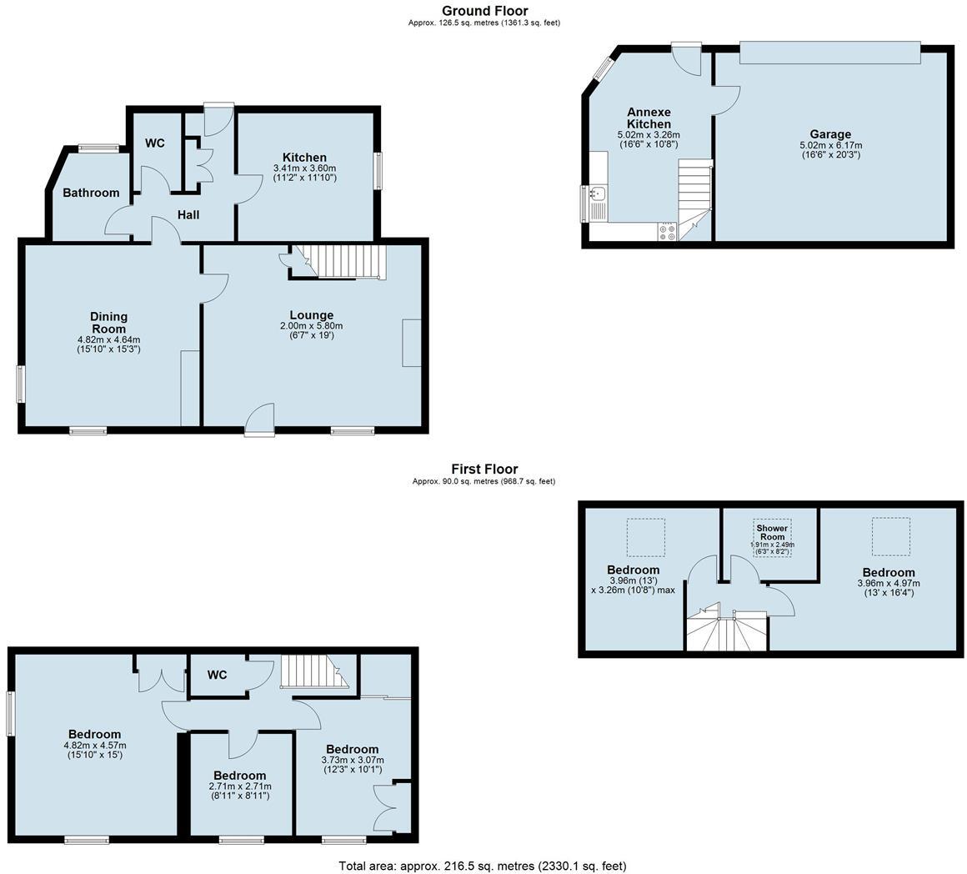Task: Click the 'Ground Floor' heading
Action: click(x=484, y=11)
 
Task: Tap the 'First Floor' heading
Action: click(x=484, y=470)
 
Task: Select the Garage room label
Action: click(x=830, y=134)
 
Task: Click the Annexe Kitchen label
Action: click(x=649, y=118)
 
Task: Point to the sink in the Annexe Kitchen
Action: click(x=597, y=195)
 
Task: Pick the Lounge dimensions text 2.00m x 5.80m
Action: click(x=312, y=325)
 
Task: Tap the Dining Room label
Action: click(x=108, y=322)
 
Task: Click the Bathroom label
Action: click(x=91, y=193)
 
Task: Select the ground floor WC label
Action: click(x=155, y=143)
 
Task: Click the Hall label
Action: click(x=188, y=215)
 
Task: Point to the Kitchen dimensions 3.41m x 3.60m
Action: click(x=304, y=168)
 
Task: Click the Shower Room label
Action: click(x=772, y=532)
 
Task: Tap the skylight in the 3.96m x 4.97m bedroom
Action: click(x=891, y=536)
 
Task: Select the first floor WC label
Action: click(x=217, y=675)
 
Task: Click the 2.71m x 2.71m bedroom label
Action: click(x=239, y=776)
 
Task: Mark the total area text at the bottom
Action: click(x=482, y=866)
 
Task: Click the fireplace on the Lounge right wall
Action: click(x=412, y=343)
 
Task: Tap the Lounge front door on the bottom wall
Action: click(x=260, y=419)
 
